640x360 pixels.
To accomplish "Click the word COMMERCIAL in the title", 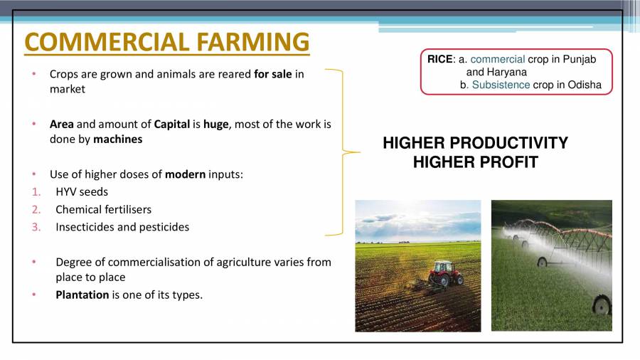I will [x=105, y=42].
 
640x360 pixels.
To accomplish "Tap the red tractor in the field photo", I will [x=443, y=272].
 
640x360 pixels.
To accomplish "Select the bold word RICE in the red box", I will [x=439, y=60].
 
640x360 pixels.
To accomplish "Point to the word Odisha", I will [x=585, y=85].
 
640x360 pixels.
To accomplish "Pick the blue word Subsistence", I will [x=501, y=85].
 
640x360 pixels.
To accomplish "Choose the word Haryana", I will [x=506, y=72].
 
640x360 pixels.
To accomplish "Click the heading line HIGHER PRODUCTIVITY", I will [x=475, y=143].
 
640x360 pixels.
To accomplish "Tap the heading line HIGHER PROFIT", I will [x=475, y=162].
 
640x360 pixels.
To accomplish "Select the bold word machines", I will [x=118, y=139].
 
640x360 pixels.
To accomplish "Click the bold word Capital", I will [x=172, y=124].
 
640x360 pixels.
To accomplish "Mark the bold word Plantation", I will [x=82, y=295].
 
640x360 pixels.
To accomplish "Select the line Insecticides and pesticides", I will [x=122, y=227].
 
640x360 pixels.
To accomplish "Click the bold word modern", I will [x=186, y=174].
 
